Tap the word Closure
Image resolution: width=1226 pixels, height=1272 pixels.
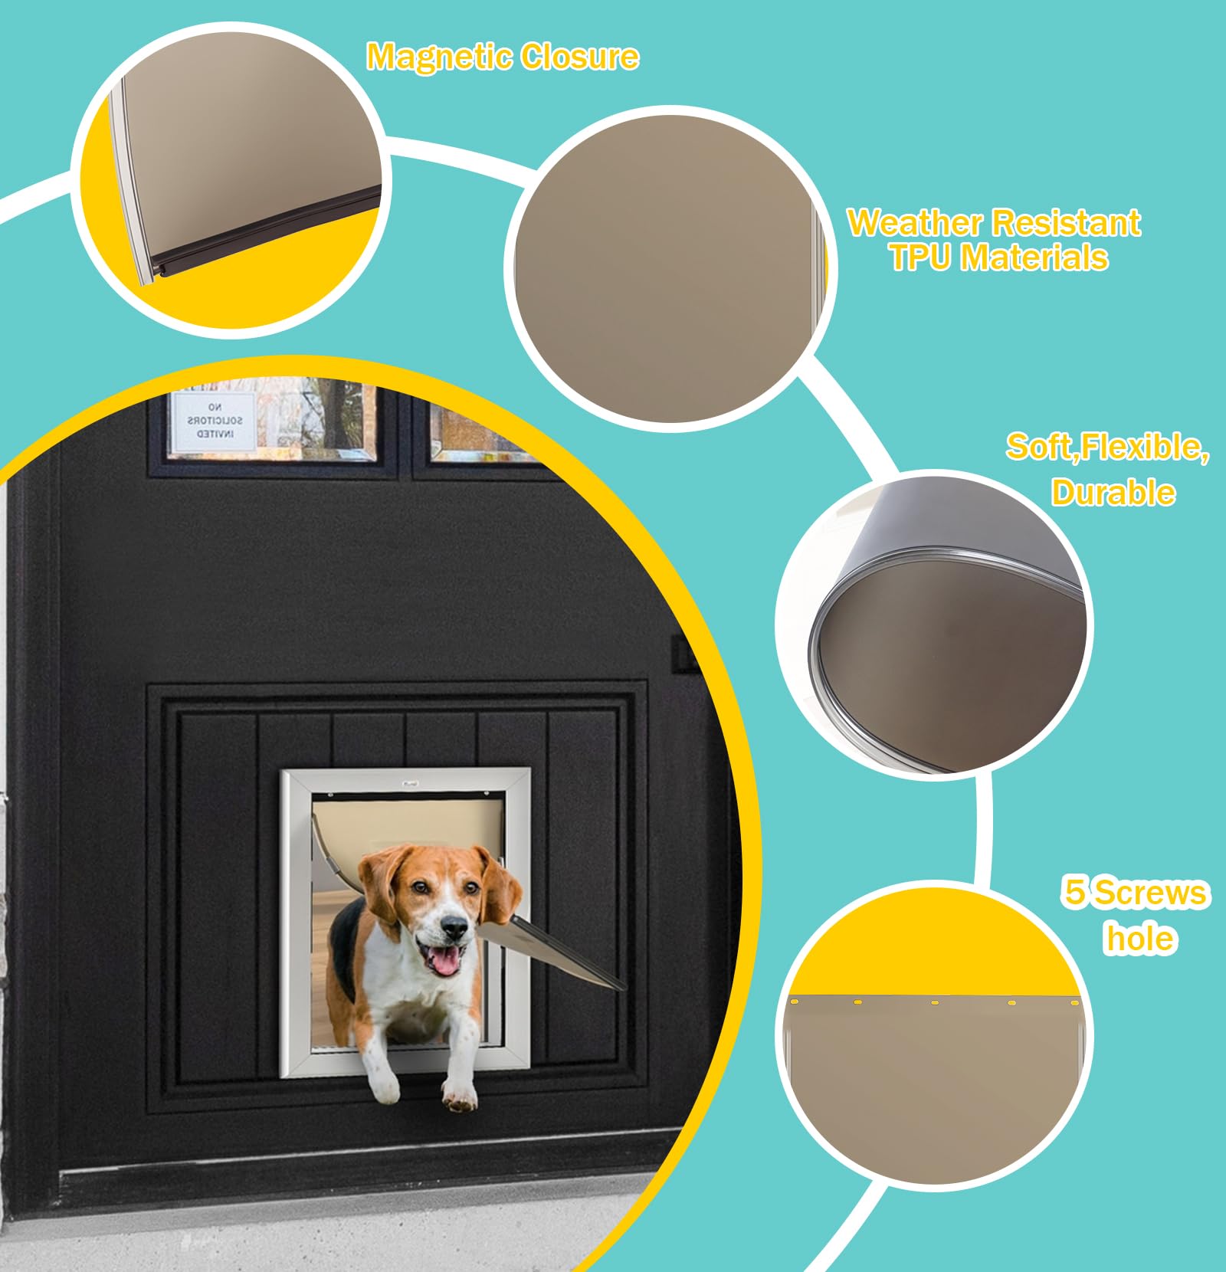tap(579, 57)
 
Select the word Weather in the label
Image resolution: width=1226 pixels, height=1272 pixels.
tap(914, 223)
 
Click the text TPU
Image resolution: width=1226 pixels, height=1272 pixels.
tap(921, 257)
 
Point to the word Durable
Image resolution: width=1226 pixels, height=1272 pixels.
tap(1113, 493)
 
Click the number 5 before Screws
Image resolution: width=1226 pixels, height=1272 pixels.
tap(1075, 892)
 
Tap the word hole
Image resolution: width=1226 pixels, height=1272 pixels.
tap(1139, 939)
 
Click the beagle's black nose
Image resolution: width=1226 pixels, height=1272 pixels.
tap(454, 929)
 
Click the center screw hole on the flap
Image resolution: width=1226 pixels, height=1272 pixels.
tap(935, 1002)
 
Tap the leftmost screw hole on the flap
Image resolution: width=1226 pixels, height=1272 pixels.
tap(795, 1002)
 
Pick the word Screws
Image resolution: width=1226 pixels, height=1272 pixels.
tap(1150, 892)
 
